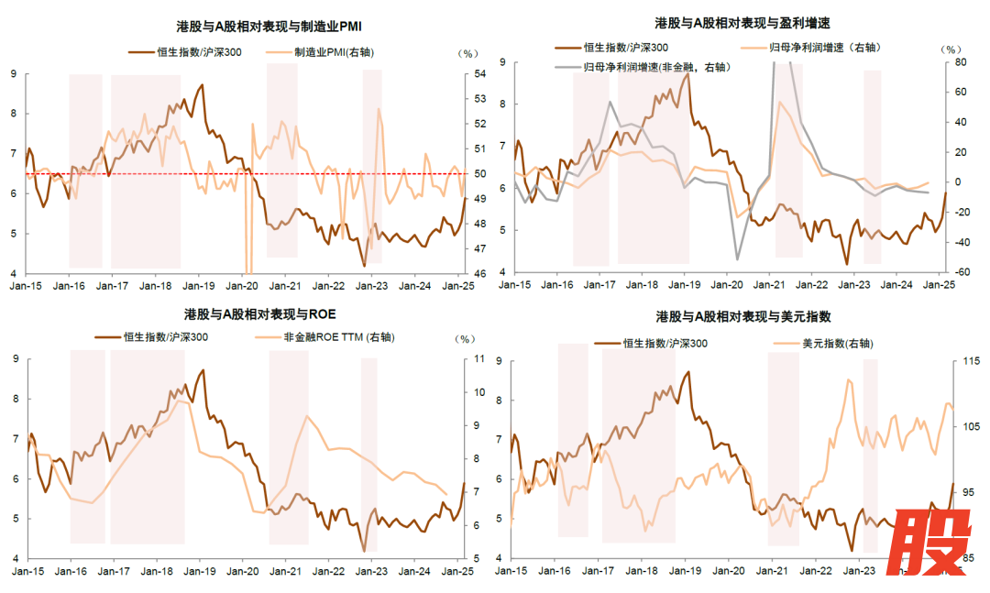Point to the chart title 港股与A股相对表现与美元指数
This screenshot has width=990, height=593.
click(743, 316)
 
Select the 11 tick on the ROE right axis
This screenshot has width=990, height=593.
click(478, 359)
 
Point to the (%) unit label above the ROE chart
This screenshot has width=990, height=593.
click(464, 339)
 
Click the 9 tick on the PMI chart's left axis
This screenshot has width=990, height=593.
click(14, 73)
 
